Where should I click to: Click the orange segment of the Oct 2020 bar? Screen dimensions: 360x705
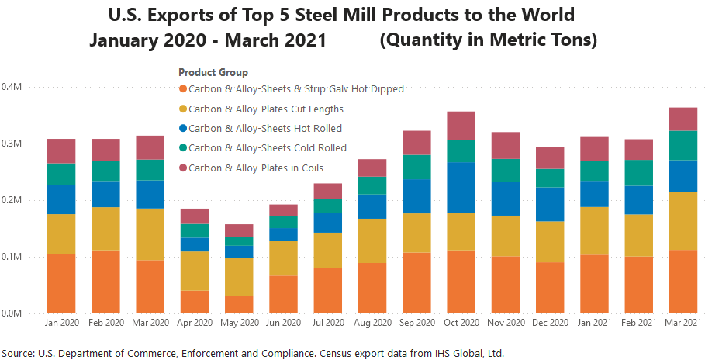coord(461,282)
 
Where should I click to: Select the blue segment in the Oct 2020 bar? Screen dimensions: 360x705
coord(461,187)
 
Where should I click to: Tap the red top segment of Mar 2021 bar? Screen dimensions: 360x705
coord(683,119)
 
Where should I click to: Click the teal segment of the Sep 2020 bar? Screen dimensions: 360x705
coord(417,167)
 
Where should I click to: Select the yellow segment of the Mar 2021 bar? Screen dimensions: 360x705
coord(683,221)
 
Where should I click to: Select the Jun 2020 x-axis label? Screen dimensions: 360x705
coord(284,323)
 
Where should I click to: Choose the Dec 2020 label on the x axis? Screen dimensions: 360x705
coord(550,323)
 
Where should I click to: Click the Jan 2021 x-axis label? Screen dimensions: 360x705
coord(594,323)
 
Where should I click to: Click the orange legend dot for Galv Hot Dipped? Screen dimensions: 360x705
coord(183,89)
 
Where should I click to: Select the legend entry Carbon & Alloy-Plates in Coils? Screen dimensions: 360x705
coord(256,167)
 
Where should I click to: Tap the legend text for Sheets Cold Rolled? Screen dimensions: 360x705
coord(267,147)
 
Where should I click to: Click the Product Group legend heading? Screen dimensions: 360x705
coord(213,72)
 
